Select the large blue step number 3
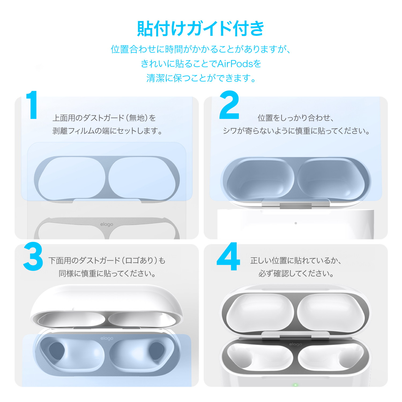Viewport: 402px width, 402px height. (x=33, y=257)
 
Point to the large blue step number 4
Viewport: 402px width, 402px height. (x=228, y=257)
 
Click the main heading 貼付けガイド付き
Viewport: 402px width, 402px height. (x=201, y=29)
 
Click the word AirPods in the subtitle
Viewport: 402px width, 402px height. (x=235, y=64)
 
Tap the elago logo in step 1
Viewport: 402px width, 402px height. (x=107, y=224)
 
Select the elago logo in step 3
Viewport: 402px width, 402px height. (x=107, y=338)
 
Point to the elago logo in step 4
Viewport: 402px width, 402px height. (x=295, y=344)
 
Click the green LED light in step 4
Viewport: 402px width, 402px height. (x=295, y=385)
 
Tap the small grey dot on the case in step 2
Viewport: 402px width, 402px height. (x=296, y=223)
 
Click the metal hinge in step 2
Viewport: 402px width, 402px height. (x=295, y=204)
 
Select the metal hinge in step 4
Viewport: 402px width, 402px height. (x=295, y=335)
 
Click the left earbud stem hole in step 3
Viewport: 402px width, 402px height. (x=57, y=351)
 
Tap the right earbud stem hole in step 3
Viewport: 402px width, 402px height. (x=157, y=351)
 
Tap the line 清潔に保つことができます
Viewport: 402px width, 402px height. (x=201, y=78)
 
